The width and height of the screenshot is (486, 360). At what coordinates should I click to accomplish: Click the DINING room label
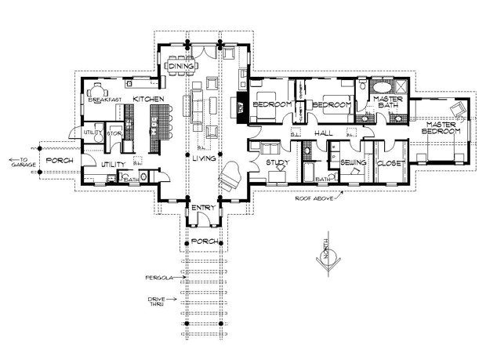click(x=180, y=67)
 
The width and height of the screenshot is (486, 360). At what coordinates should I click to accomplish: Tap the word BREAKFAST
click(x=105, y=100)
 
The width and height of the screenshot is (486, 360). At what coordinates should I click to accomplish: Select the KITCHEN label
click(x=148, y=99)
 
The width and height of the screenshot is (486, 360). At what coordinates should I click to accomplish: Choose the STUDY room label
click(x=278, y=162)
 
